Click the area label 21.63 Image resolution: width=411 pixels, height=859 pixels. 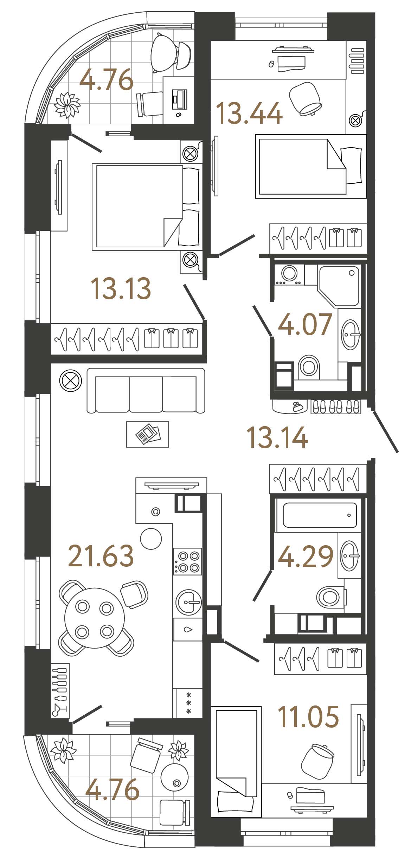[101, 556]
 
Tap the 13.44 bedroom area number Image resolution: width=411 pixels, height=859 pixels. [249, 113]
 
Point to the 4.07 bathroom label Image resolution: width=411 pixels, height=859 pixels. [305, 324]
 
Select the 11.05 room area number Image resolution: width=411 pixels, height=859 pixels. [308, 717]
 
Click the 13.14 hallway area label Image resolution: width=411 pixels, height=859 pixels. [277, 437]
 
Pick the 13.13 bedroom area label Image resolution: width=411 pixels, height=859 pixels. [121, 288]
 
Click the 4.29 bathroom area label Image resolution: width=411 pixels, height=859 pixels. [305, 557]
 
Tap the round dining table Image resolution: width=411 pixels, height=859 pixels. [95, 618]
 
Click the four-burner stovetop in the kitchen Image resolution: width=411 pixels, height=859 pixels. [187, 561]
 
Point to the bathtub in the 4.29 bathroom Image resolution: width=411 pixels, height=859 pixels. [319, 515]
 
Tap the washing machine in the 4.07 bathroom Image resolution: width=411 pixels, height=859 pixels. [289, 274]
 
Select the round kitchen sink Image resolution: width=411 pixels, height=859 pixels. [189, 602]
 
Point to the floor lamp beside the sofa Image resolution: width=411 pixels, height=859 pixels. [71, 380]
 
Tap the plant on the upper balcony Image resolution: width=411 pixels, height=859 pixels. [67, 104]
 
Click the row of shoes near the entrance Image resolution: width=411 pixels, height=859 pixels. [336, 407]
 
